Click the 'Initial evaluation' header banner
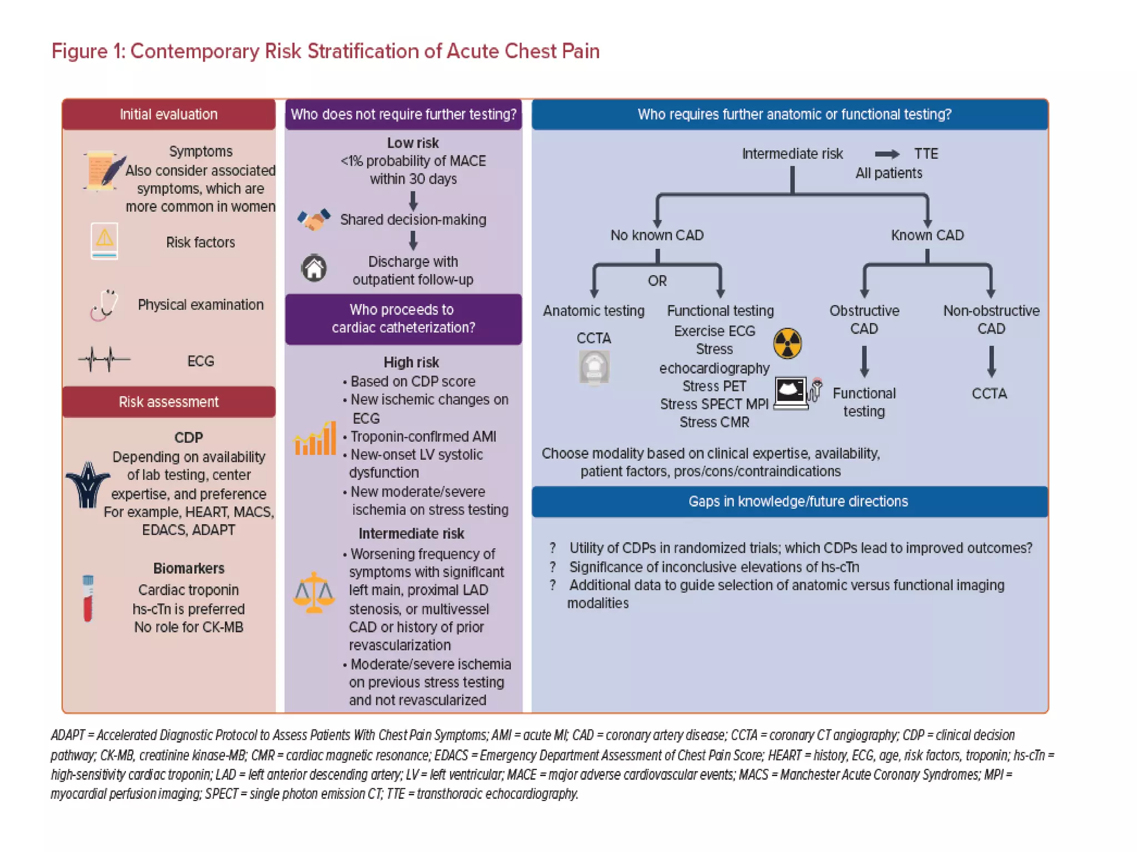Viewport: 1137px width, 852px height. tap(169, 114)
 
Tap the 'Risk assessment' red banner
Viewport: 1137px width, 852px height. tap(169, 402)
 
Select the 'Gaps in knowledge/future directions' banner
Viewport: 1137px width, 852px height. tap(798, 501)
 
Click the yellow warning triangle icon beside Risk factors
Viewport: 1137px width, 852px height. tap(104, 240)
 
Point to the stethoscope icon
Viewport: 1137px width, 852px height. tap(105, 305)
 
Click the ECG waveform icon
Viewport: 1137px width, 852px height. tap(104, 359)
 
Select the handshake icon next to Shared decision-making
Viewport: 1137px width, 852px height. tap(314, 220)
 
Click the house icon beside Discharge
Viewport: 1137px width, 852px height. tap(314, 268)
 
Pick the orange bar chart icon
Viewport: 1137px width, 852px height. tap(315, 439)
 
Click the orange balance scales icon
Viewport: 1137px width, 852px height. tap(314, 592)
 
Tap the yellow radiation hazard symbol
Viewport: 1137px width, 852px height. tap(787, 343)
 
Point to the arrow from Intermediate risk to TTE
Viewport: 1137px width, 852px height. tap(887, 154)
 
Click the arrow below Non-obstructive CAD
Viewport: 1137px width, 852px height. tap(991, 362)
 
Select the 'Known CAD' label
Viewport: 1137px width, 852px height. tap(927, 235)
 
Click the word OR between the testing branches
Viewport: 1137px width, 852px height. tap(657, 281)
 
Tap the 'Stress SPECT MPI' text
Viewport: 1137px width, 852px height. tap(714, 404)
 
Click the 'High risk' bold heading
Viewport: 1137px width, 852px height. tap(411, 362)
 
